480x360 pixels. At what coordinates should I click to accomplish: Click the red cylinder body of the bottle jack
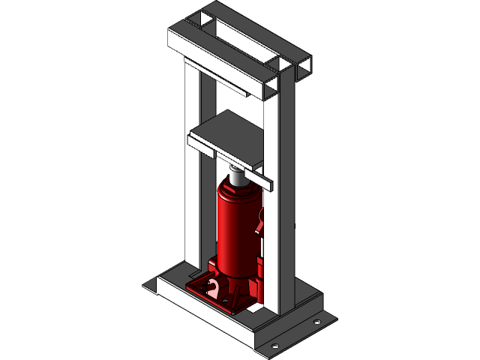pyautogui.click(x=235, y=232)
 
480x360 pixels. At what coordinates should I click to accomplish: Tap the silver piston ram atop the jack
pyautogui.click(x=237, y=178)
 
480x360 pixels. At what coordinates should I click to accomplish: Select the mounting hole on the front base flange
pyautogui.click(x=274, y=346)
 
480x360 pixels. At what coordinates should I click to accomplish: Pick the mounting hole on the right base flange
pyautogui.click(x=316, y=322)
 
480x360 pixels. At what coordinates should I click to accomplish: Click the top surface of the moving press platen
pyautogui.click(x=225, y=131)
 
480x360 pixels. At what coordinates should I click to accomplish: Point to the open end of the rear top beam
pyautogui.click(x=304, y=69)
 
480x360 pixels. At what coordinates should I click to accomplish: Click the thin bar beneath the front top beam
pyautogui.click(x=225, y=79)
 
